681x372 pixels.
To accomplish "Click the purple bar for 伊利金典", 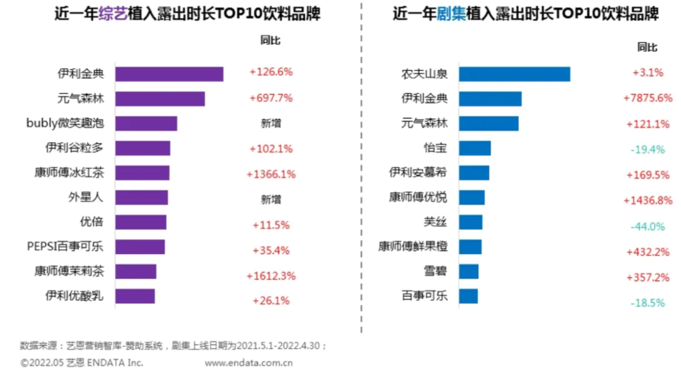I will pos(169,74).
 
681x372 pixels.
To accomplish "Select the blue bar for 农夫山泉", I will pos(514,74).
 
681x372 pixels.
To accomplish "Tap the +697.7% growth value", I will pos(271,98).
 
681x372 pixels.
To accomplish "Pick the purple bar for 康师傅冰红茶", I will pos(142,172).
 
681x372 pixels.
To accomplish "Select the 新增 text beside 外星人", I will pos(271,200).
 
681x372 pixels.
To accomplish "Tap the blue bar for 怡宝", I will pos(475,148).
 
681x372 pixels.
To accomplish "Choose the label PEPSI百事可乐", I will pos(67,246).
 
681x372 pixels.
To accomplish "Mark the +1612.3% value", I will pos(271,275).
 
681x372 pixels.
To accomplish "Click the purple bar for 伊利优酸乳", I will pos(135,296).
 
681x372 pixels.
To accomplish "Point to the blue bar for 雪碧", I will pos(469,271).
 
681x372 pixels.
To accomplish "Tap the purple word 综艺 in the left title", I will pos(113,14).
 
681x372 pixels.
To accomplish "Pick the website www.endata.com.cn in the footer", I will pos(249,363).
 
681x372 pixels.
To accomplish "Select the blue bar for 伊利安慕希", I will pos(474,172).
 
